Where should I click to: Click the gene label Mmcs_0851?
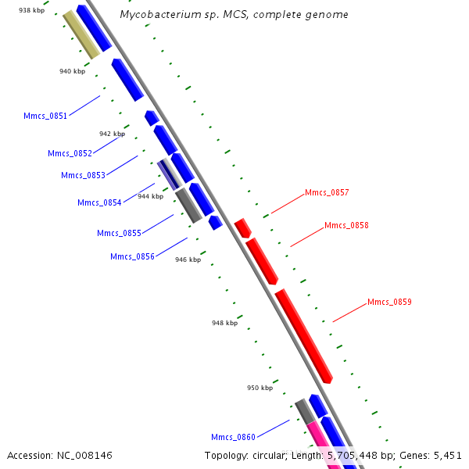[x=45, y=116]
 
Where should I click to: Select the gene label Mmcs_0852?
[x=70, y=153]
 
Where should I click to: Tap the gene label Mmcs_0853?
[x=83, y=175]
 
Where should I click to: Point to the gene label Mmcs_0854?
[x=99, y=202]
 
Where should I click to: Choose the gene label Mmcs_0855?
[x=119, y=233]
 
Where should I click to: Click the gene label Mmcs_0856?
[x=132, y=256]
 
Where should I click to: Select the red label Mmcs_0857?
[x=327, y=192]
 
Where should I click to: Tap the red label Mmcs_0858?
[x=346, y=225]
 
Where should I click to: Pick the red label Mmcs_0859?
[x=389, y=302]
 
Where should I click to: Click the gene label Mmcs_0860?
[x=233, y=436]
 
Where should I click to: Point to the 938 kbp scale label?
[x=31, y=10]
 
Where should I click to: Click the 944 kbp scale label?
[x=150, y=196]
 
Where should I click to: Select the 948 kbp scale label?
[x=224, y=322]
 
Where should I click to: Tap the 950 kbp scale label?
[x=260, y=388]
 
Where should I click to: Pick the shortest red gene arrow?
[x=242, y=228]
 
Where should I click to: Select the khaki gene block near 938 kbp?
[x=81, y=34]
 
